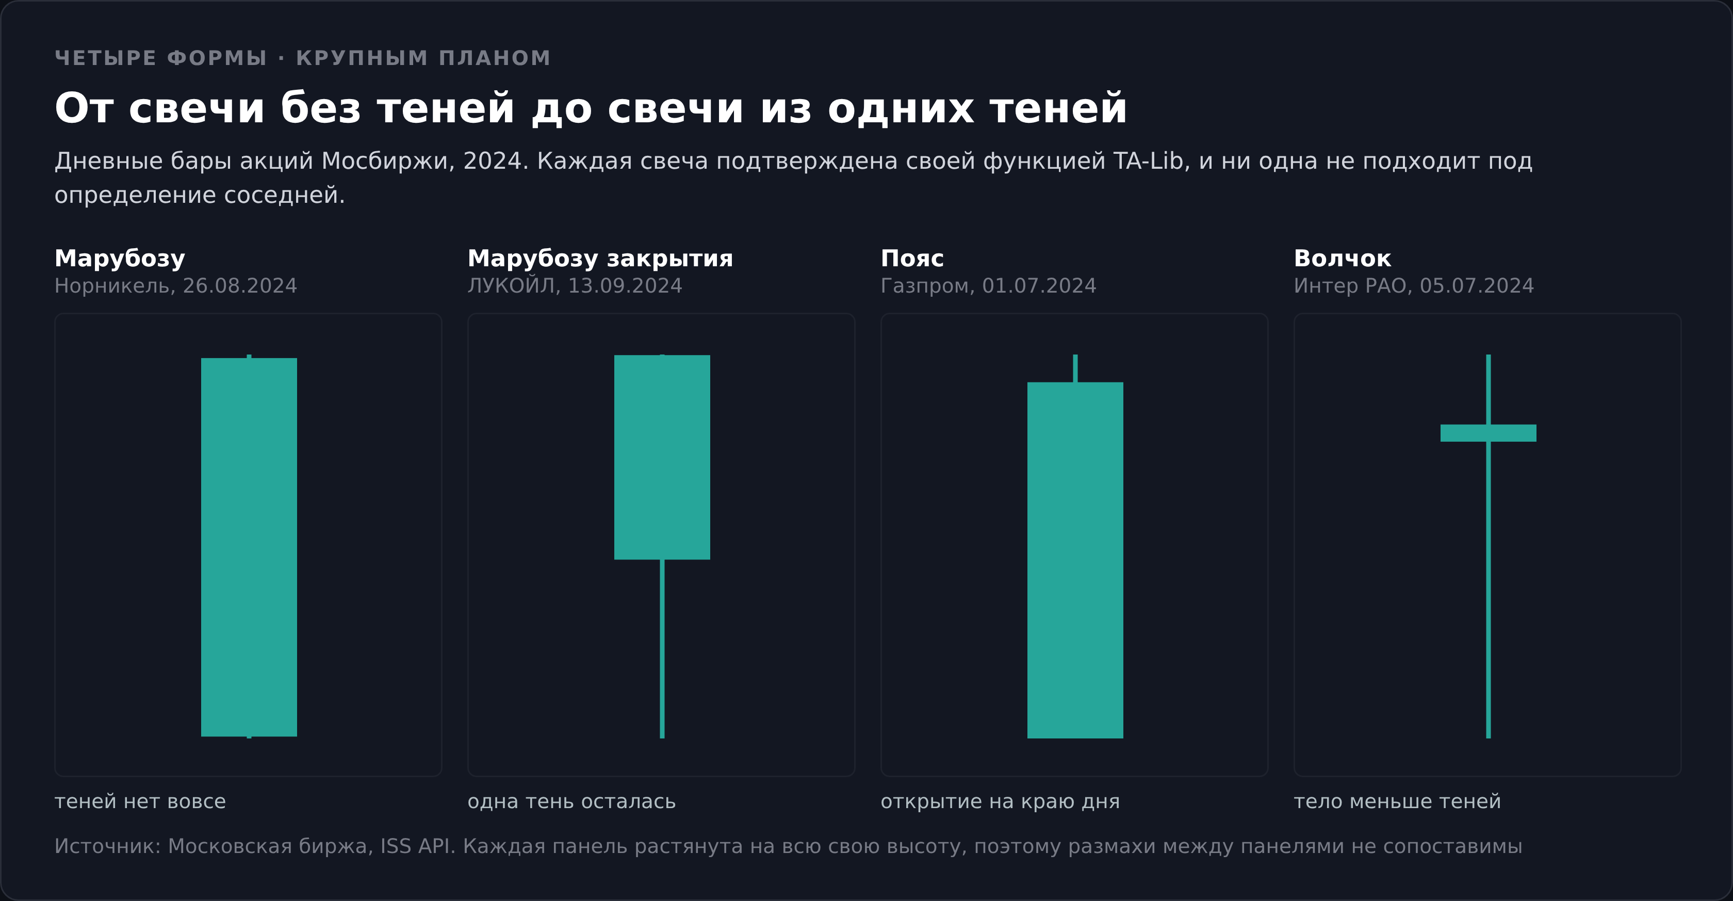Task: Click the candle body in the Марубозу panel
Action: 249,547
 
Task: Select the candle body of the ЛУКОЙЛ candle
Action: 662,457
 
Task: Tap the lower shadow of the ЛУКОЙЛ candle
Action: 662,649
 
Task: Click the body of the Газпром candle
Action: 1075,560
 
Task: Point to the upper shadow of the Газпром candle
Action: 1075,368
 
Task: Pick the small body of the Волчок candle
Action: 1488,432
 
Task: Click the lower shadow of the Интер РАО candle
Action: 1488,589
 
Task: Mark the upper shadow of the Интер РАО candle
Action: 1488,390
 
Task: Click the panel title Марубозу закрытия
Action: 600,259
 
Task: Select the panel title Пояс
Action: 912,259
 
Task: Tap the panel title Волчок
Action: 1342,259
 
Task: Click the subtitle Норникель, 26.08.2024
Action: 175,286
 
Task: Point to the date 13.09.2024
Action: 625,286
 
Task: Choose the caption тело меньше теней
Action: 1397,801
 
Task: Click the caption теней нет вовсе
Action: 140,801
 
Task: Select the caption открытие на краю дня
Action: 1001,801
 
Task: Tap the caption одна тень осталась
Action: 571,801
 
